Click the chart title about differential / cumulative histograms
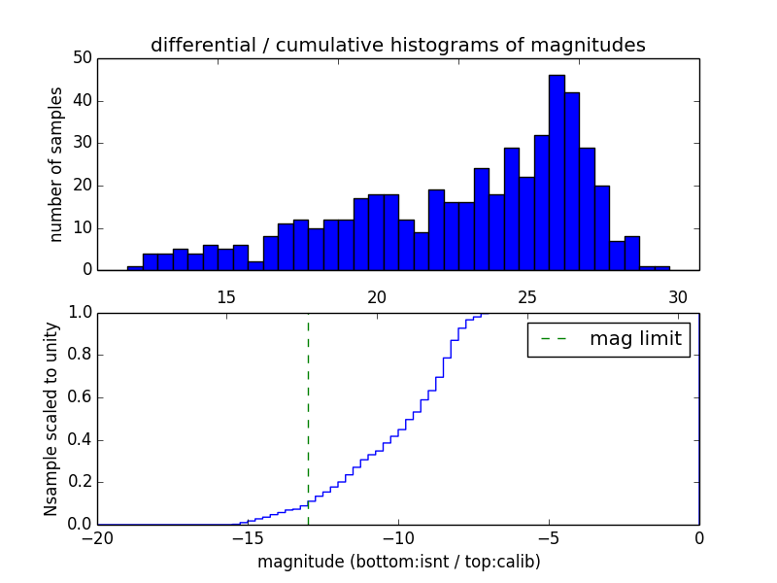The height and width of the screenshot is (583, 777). [x=398, y=45]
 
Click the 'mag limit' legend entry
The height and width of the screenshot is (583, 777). [x=608, y=340]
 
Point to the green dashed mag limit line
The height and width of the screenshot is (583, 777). [x=308, y=418]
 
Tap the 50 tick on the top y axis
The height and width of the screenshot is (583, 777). [x=83, y=58]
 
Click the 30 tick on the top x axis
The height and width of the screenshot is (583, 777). [x=678, y=296]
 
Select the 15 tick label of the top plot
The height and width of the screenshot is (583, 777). [x=226, y=296]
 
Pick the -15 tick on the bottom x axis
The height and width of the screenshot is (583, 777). [x=248, y=537]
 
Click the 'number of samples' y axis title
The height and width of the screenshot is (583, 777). [x=56, y=164]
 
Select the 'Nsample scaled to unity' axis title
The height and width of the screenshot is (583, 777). [x=51, y=419]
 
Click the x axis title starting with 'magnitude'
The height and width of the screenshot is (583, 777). [x=398, y=562]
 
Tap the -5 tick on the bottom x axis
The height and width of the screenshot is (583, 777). [x=549, y=537]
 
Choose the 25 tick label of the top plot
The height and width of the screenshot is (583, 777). [x=527, y=296]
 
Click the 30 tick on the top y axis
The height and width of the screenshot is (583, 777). [x=83, y=143]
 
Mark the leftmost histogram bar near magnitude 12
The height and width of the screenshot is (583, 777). [x=135, y=267]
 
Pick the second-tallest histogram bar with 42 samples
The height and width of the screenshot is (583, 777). [x=572, y=182]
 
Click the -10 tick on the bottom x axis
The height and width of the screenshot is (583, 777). [x=398, y=537]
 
